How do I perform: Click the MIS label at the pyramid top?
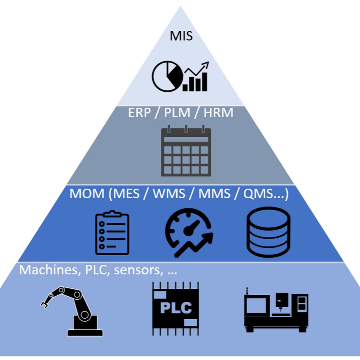(x=181, y=36)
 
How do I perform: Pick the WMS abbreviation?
(x=169, y=194)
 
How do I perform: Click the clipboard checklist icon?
(x=112, y=234)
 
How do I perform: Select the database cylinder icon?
(x=268, y=232)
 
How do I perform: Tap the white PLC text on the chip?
(x=176, y=308)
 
